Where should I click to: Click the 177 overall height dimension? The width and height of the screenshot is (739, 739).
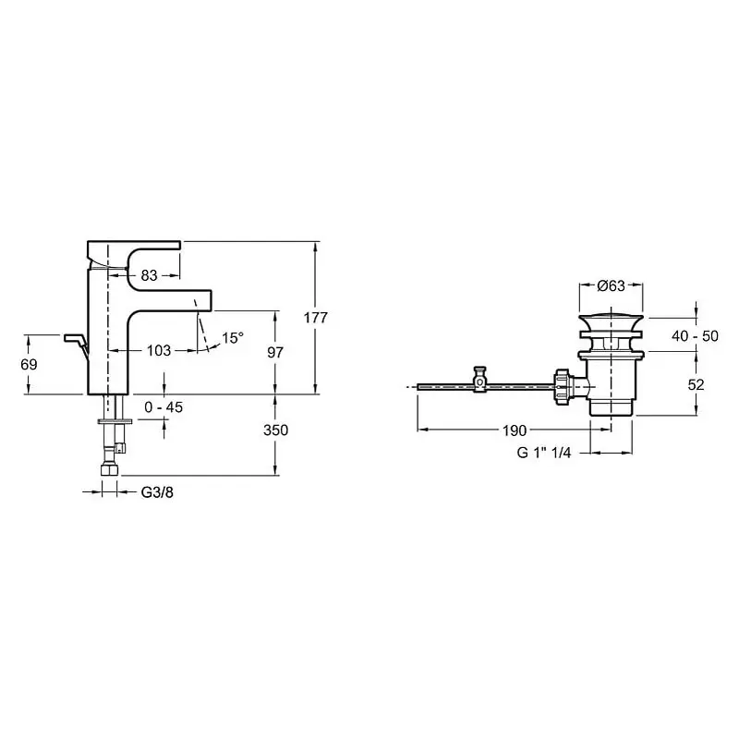click(315, 318)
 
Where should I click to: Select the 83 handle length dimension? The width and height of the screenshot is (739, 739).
click(149, 275)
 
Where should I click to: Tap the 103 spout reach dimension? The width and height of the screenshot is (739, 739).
click(159, 350)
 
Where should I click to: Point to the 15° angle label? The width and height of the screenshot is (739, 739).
click(233, 337)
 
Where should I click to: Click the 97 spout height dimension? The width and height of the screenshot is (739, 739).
click(275, 352)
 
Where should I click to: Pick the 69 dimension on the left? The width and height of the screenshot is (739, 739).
click(29, 364)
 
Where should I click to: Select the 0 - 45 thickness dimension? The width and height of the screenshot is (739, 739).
click(164, 407)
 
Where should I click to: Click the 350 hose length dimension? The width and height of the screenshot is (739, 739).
click(275, 430)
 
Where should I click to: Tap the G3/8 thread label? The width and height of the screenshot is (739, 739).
click(157, 492)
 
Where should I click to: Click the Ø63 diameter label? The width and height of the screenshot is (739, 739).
click(611, 285)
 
